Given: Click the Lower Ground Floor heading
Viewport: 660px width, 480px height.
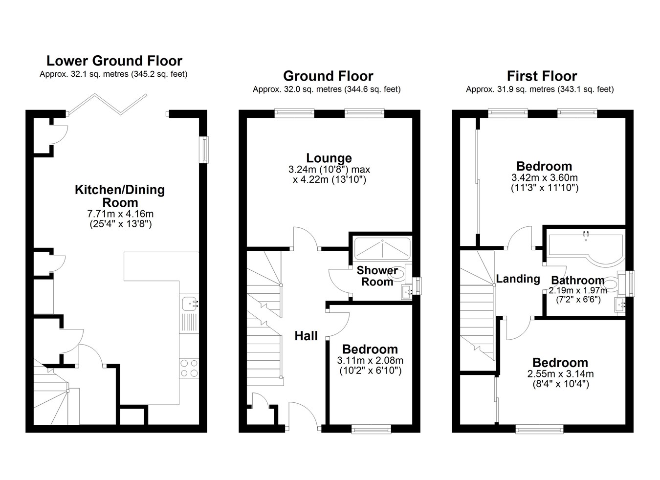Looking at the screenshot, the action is (114, 61).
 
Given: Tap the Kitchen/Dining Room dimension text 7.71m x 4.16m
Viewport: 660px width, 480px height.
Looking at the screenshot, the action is (120, 214).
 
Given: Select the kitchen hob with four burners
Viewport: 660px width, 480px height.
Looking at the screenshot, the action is (189, 368).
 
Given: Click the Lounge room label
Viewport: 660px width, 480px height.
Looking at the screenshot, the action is (329, 158).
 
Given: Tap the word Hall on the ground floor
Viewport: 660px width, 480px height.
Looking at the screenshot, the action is (306, 336).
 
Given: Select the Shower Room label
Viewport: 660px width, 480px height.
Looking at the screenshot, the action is (377, 276).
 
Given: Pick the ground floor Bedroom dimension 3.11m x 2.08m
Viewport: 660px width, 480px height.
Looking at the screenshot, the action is (370, 360).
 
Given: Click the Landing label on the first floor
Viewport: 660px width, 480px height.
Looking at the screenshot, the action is (518, 279).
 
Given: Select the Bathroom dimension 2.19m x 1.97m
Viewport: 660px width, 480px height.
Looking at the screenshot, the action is (578, 290).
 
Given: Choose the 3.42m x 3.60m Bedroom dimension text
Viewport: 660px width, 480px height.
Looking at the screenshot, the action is (545, 178).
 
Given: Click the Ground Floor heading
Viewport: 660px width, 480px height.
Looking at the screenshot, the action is (328, 76).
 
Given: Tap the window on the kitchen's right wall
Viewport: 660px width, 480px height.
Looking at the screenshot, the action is (203, 150).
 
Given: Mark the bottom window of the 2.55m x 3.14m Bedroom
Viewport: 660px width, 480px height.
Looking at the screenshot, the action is (539, 429).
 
